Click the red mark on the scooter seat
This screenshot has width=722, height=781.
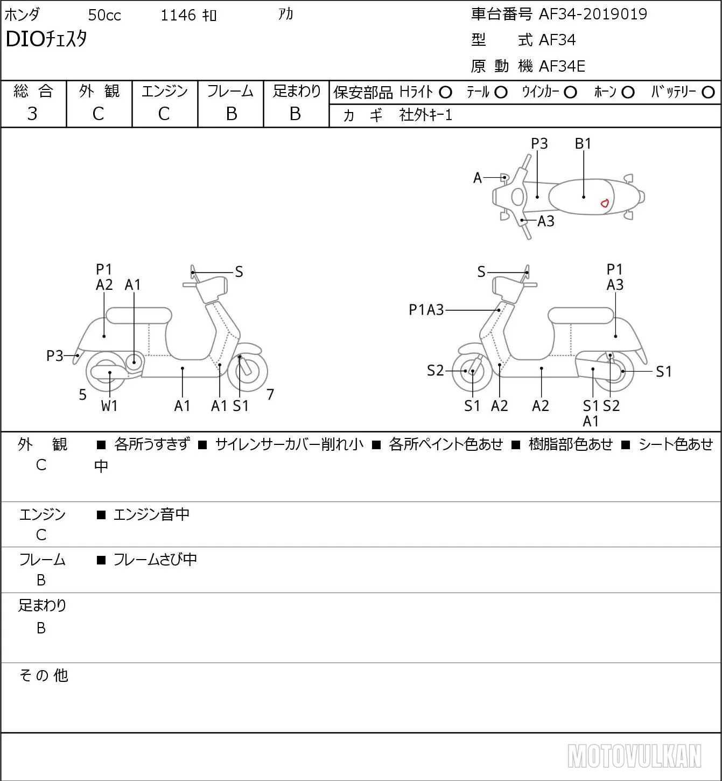coord(605,203)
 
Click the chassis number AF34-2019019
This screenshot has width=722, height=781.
coord(593,14)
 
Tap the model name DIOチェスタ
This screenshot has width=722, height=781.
coord(46,39)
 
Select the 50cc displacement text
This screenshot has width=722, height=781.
coord(104,15)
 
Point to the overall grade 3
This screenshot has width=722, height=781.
coord(32,114)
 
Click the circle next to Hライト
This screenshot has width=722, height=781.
coord(445,93)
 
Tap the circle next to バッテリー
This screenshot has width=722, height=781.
coord(708,93)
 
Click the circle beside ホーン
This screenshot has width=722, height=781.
coord(628,93)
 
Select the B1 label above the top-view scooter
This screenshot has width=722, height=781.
coord(583,143)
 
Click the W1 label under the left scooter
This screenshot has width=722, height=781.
coord(109,406)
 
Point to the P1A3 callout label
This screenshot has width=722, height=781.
coord(426,310)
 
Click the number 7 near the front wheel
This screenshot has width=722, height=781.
coord(270,394)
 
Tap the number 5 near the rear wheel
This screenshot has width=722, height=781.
coord(82,394)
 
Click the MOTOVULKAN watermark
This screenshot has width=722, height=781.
coord(634,756)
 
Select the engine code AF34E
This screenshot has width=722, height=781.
coord(562,66)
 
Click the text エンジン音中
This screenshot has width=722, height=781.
coord(151,514)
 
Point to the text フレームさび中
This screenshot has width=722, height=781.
coord(155,560)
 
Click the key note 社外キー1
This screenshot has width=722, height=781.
coord(425,115)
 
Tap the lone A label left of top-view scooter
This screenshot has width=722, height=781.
coord(478,178)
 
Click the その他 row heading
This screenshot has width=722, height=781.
coord(44,675)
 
